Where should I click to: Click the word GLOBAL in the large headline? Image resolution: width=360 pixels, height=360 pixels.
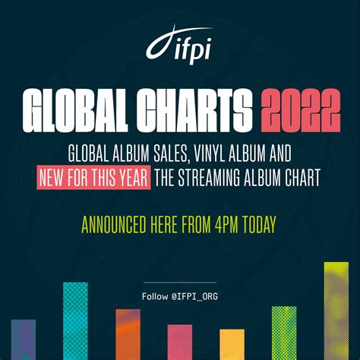click(x=75, y=110)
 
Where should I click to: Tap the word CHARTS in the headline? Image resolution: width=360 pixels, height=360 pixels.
click(x=194, y=110)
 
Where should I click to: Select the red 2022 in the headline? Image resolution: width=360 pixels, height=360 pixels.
click(x=301, y=110)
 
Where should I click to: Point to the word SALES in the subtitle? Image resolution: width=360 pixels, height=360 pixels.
click(x=170, y=154)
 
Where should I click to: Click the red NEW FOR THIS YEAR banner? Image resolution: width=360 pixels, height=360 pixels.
click(x=93, y=177)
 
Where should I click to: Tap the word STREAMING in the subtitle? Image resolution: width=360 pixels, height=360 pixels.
click(x=209, y=177)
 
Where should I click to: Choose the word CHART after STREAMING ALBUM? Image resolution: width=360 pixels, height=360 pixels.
click(x=302, y=177)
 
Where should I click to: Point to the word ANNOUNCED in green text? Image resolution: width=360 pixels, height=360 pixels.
click(x=114, y=225)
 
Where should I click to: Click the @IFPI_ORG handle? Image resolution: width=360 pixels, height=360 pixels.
click(x=194, y=296)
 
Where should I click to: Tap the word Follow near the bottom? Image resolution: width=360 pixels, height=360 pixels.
click(x=155, y=296)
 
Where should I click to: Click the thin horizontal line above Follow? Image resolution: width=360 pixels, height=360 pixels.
click(x=180, y=282)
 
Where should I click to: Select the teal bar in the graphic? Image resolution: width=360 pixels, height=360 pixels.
click(x=75, y=321)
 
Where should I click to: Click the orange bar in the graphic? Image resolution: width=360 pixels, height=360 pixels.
click(x=128, y=334)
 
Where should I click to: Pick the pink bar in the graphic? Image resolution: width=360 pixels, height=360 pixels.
click(x=180, y=342)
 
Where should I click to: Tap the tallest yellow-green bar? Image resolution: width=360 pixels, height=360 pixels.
click(x=336, y=311)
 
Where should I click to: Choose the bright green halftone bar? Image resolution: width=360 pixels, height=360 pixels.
click(x=284, y=333)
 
